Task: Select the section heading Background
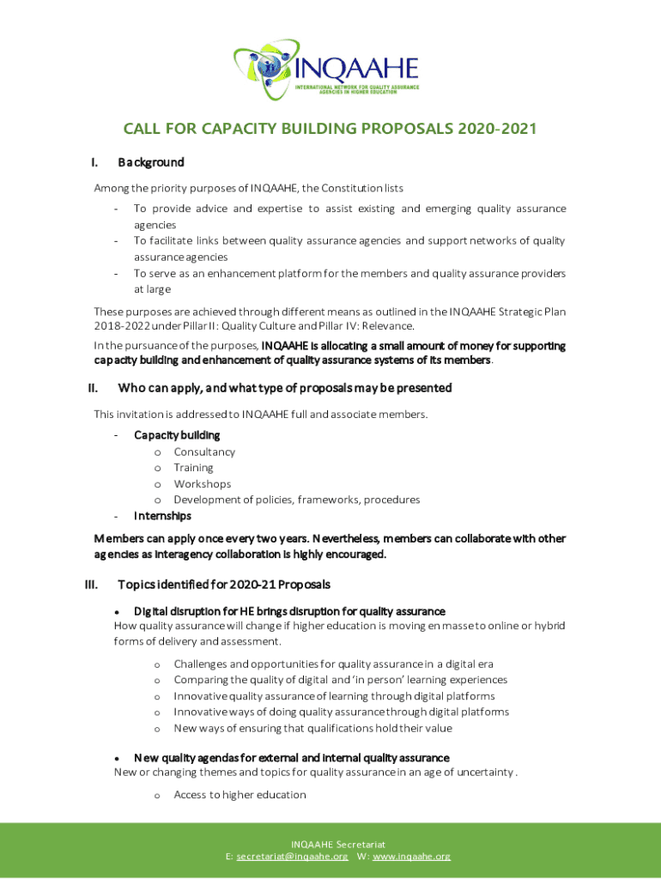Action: pos(151,162)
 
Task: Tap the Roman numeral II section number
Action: pos(93,388)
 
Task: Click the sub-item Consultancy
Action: pos(204,452)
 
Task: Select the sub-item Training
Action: pos(193,468)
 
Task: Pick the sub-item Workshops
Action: pos(202,484)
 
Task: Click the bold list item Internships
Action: pos(162,516)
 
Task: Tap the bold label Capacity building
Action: pos(177,435)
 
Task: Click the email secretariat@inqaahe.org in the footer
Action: pos(292,857)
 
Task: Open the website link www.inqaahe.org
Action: pos(411,857)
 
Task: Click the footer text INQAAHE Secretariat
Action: pos(331,845)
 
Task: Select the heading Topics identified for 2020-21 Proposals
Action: pos(223,585)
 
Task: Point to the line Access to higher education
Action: pos(240,795)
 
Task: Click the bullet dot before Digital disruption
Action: pos(116,611)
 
